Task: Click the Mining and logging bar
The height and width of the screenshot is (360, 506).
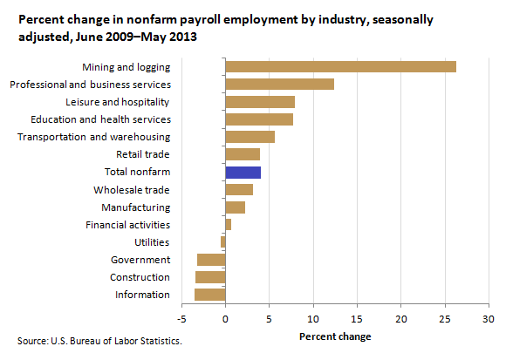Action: tap(341, 67)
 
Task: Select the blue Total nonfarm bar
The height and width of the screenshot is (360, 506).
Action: tap(243, 173)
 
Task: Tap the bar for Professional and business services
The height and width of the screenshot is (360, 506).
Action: tap(280, 85)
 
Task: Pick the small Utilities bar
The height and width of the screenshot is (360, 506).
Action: tap(223, 241)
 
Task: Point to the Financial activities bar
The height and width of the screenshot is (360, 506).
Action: tap(229, 224)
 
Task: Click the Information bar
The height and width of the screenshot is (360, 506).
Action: tap(209, 295)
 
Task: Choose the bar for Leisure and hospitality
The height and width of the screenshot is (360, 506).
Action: tap(260, 102)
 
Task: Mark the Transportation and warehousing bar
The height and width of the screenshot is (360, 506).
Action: tap(250, 137)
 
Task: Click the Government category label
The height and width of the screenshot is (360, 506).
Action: tap(140, 260)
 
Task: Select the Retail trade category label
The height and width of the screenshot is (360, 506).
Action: tap(143, 154)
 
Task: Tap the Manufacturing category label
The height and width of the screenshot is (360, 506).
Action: tap(136, 207)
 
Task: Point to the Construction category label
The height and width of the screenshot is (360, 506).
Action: tap(140, 277)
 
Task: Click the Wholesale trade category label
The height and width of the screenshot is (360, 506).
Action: tap(132, 190)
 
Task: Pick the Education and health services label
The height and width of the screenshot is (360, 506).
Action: tap(100, 119)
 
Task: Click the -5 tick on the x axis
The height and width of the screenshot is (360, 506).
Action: tap(181, 319)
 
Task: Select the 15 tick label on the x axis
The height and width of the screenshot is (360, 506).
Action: tap(357, 319)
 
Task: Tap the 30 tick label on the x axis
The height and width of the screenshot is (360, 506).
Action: tap(489, 319)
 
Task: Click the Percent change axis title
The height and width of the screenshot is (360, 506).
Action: tap(335, 336)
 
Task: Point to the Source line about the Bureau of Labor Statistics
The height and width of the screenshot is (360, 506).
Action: tap(99, 341)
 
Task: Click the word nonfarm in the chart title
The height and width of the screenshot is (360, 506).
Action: tap(151, 20)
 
